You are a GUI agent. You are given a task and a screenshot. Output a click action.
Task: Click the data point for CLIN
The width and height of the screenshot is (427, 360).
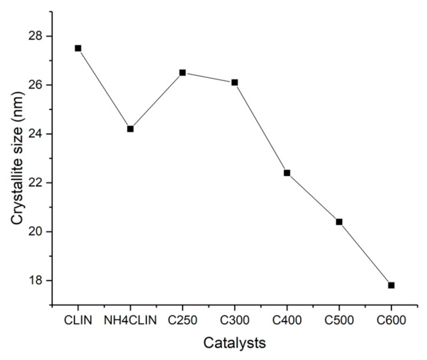(78, 48)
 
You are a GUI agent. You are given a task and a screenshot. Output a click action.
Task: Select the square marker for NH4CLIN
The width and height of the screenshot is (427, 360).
(130, 129)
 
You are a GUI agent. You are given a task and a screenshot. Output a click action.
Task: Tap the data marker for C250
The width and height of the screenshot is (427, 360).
(183, 73)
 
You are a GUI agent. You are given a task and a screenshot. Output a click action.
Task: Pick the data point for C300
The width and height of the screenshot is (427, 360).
(235, 83)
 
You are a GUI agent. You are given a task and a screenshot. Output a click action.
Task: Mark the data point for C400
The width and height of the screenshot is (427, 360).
(287, 173)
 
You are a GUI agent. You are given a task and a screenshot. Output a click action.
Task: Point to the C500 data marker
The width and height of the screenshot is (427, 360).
(339, 222)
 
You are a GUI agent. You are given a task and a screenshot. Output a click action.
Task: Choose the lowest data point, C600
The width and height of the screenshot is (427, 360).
(391, 285)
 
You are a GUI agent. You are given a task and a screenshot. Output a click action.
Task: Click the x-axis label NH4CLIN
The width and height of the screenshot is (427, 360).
(130, 320)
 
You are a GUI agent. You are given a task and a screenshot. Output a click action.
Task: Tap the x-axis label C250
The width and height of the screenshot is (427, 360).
(183, 320)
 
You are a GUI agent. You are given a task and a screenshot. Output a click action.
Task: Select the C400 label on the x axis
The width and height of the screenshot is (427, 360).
(287, 320)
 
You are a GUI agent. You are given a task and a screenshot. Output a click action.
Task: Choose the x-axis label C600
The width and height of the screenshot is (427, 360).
(391, 320)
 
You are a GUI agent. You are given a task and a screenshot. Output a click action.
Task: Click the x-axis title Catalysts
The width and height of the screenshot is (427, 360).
(235, 343)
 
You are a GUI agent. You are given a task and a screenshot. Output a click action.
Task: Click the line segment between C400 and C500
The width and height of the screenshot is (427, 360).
(313, 197)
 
